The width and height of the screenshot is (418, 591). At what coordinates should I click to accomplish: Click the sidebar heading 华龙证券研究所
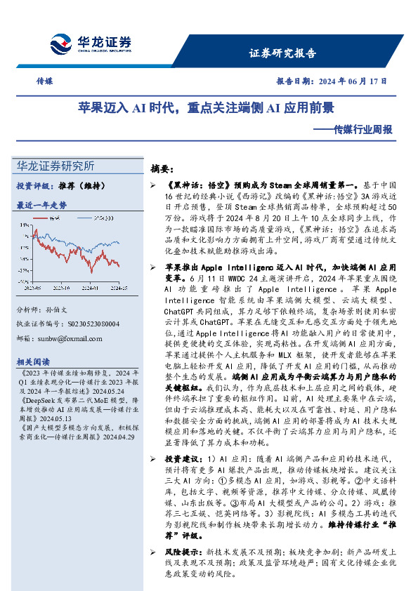click(x=55, y=166)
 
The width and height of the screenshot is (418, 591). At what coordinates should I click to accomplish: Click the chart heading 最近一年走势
click(x=41, y=205)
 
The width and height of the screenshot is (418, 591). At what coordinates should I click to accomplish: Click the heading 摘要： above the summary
click(x=166, y=169)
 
